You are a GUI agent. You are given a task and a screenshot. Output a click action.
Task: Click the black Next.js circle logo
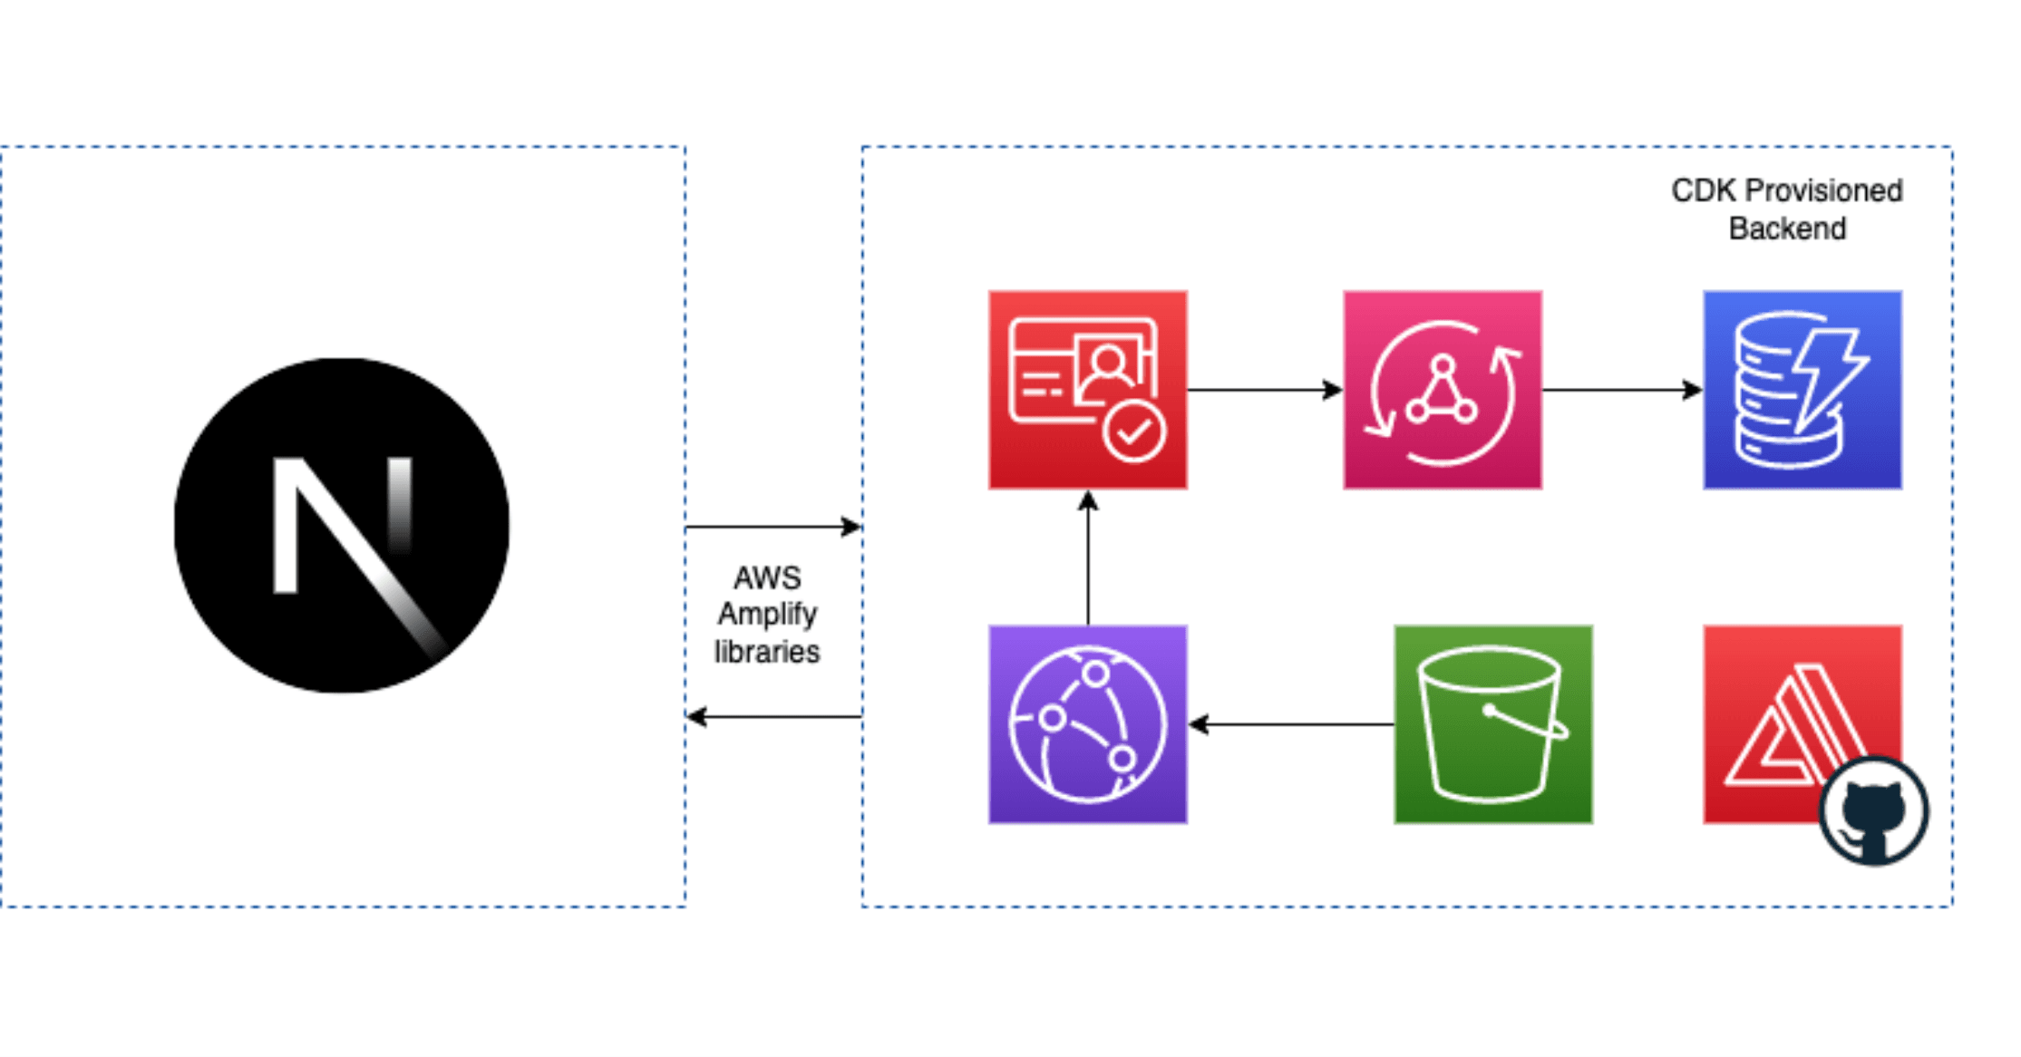341,526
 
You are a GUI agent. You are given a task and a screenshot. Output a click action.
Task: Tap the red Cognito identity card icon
1087,390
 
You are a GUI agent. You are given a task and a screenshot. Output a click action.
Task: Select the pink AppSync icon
1442,390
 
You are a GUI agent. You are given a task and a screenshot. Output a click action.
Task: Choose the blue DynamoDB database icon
1802,390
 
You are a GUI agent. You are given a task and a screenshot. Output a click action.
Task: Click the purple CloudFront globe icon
1087,724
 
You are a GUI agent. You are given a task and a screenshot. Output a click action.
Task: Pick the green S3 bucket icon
1492,724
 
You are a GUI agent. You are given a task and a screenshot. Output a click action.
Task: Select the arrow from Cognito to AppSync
1264,390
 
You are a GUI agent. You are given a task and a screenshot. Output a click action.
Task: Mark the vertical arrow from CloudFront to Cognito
1088,557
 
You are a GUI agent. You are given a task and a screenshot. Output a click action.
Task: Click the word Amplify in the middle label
767,615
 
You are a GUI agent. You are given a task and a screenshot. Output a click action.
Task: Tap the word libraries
767,652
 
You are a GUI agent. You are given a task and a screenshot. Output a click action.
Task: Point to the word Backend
1787,228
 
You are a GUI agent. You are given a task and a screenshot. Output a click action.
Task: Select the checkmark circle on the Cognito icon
1133,433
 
